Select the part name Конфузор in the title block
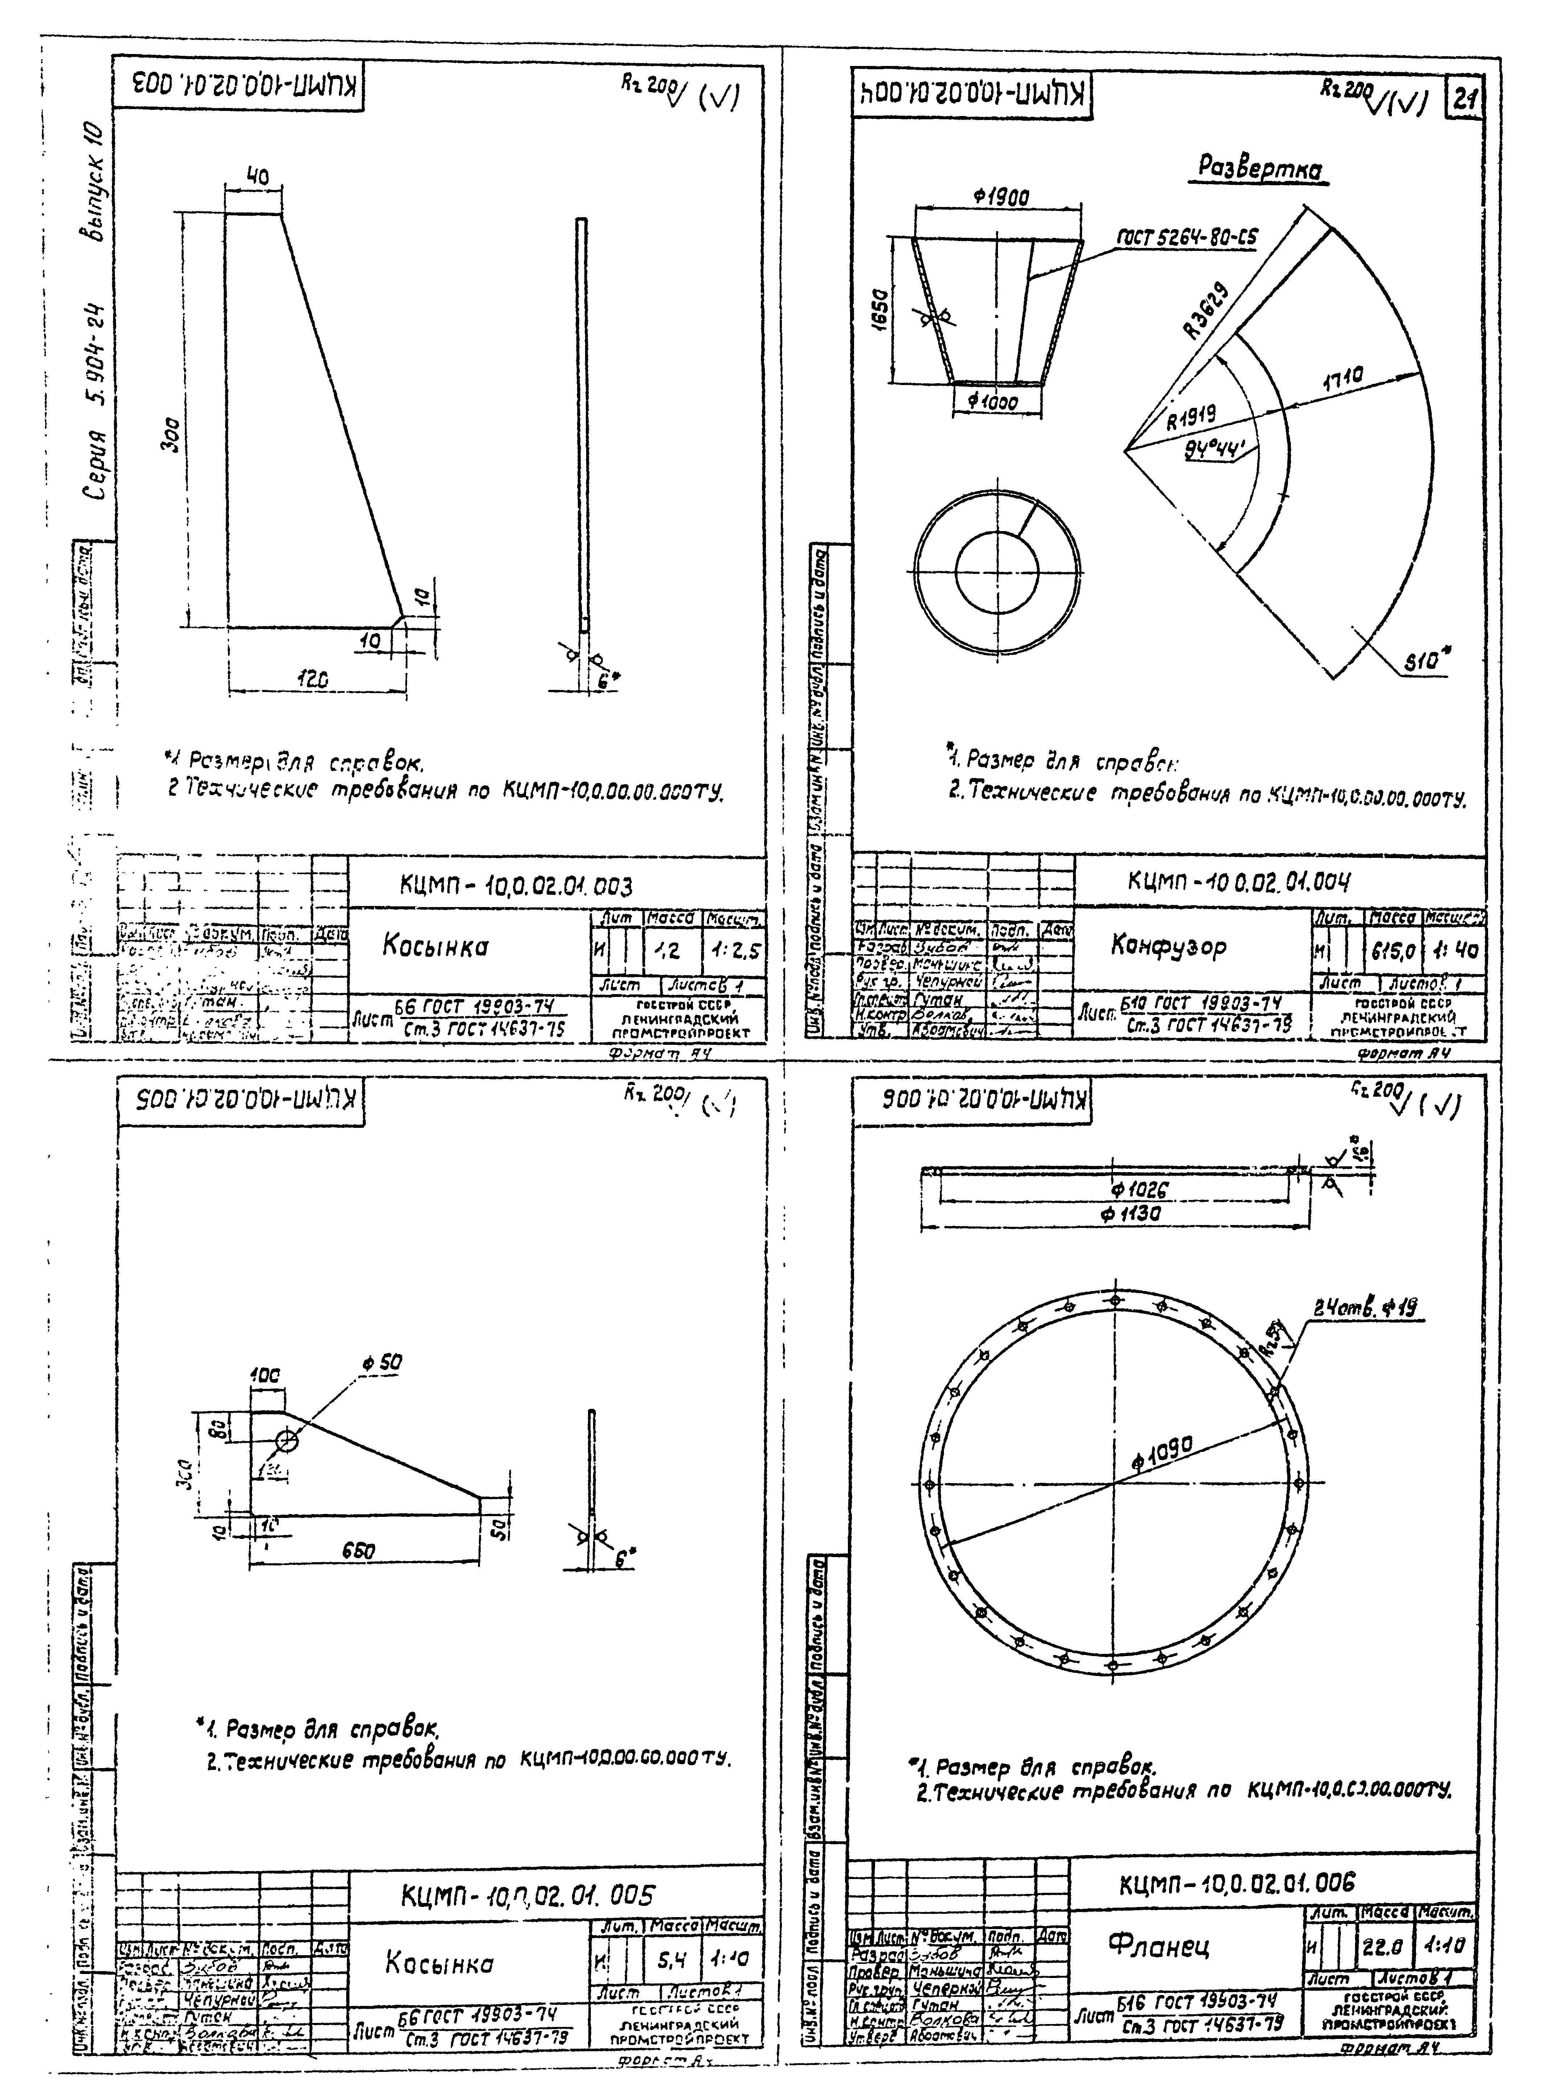pyautogui.click(x=1168, y=946)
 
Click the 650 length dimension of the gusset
pyautogui.click(x=357, y=1551)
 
